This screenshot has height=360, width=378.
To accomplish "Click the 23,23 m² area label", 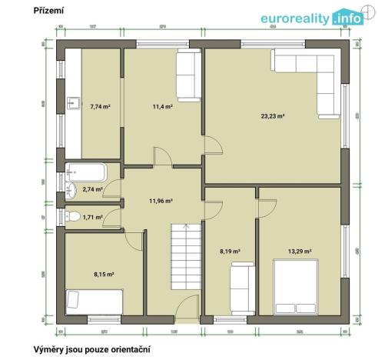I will click(272, 116).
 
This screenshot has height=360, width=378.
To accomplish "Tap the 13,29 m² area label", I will click(300, 252).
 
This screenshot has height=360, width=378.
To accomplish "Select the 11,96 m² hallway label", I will click(161, 202).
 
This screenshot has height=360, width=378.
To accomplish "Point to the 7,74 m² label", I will click(100, 106).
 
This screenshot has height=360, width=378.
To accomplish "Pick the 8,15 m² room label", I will click(104, 273).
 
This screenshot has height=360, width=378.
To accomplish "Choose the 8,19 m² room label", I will click(230, 252).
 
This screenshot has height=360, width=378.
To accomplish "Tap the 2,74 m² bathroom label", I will click(93, 188).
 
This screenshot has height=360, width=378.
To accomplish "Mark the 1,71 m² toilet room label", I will click(92, 217).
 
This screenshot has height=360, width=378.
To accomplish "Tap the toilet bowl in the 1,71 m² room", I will click(74, 216).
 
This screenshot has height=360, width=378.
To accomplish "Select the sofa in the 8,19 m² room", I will click(241, 285).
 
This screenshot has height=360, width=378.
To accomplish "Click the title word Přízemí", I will click(48, 12).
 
